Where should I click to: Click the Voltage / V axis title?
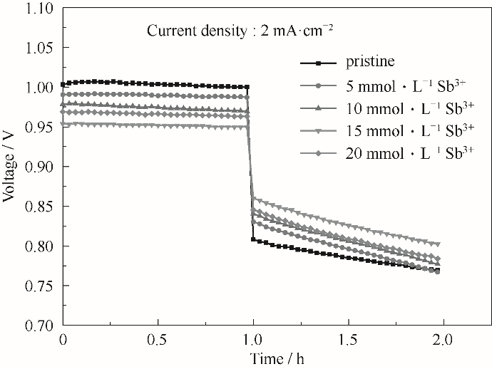(x=9, y=167)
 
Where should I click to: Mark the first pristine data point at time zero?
(x=64, y=84)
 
